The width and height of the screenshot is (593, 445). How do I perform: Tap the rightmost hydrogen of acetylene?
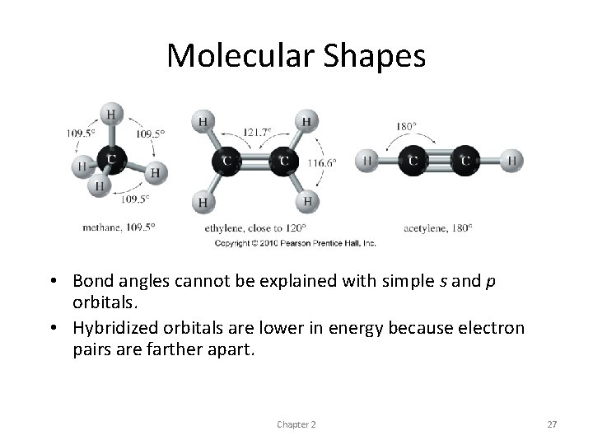pyautogui.click(x=512, y=160)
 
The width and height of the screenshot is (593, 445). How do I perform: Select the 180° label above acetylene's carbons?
pyautogui.click(x=406, y=126)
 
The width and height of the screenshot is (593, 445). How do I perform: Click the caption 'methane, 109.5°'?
pyautogui.click(x=119, y=226)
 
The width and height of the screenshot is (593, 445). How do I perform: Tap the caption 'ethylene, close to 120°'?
pyautogui.click(x=254, y=227)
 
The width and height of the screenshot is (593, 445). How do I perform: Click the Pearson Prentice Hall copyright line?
pyautogui.click(x=295, y=243)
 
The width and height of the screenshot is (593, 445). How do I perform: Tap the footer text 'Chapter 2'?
pyautogui.click(x=296, y=424)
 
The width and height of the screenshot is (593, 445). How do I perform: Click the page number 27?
pyautogui.click(x=552, y=424)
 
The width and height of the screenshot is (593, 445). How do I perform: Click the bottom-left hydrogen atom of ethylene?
pyautogui.click(x=203, y=200)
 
